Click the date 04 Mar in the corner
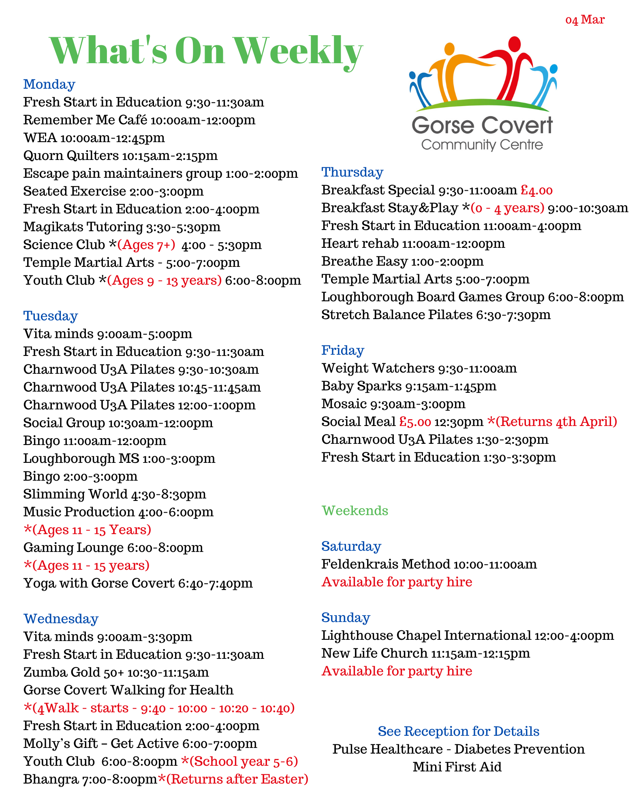pos(585,19)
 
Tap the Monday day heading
pos(49,84)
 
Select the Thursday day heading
pos(352,172)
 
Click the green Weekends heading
pos(355,511)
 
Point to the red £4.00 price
pos(536,190)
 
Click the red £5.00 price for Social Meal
pos(415,422)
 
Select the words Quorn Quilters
pos(71,155)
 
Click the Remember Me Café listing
pos(139,120)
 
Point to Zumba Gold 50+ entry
pos(116,672)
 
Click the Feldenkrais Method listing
pos(429,564)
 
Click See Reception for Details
pos(458,731)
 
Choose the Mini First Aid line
pos(457,767)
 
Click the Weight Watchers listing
pos(419,368)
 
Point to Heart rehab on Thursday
pos(413,243)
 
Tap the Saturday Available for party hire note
pos(397,582)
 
